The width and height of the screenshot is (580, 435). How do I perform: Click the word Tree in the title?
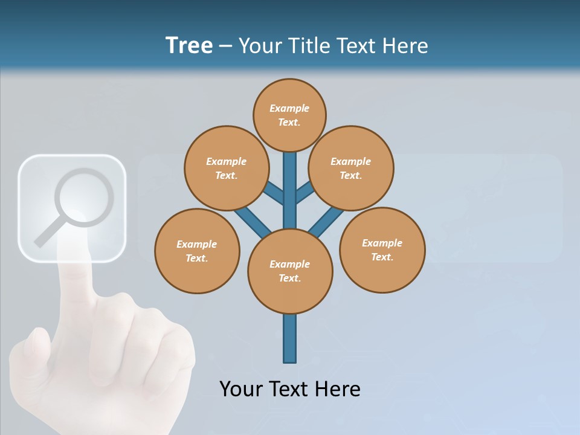[189, 45]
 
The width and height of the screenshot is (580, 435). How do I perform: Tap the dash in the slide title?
[225, 47]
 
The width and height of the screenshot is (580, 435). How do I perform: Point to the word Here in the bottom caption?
[336, 388]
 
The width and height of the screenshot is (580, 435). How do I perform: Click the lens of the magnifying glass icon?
[84, 198]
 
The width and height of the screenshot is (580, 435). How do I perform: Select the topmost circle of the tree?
[289, 115]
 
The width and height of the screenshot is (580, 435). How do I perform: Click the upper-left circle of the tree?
[226, 168]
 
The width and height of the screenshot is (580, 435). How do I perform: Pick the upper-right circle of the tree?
[351, 168]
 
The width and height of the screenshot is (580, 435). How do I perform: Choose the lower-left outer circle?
[197, 251]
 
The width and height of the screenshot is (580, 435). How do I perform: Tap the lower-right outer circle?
[382, 250]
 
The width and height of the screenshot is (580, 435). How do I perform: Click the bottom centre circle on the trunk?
[290, 271]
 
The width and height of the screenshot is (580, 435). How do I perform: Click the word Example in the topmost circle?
[289, 108]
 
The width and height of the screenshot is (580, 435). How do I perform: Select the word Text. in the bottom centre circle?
[290, 278]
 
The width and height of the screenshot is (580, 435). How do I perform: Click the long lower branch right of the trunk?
[327, 220]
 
